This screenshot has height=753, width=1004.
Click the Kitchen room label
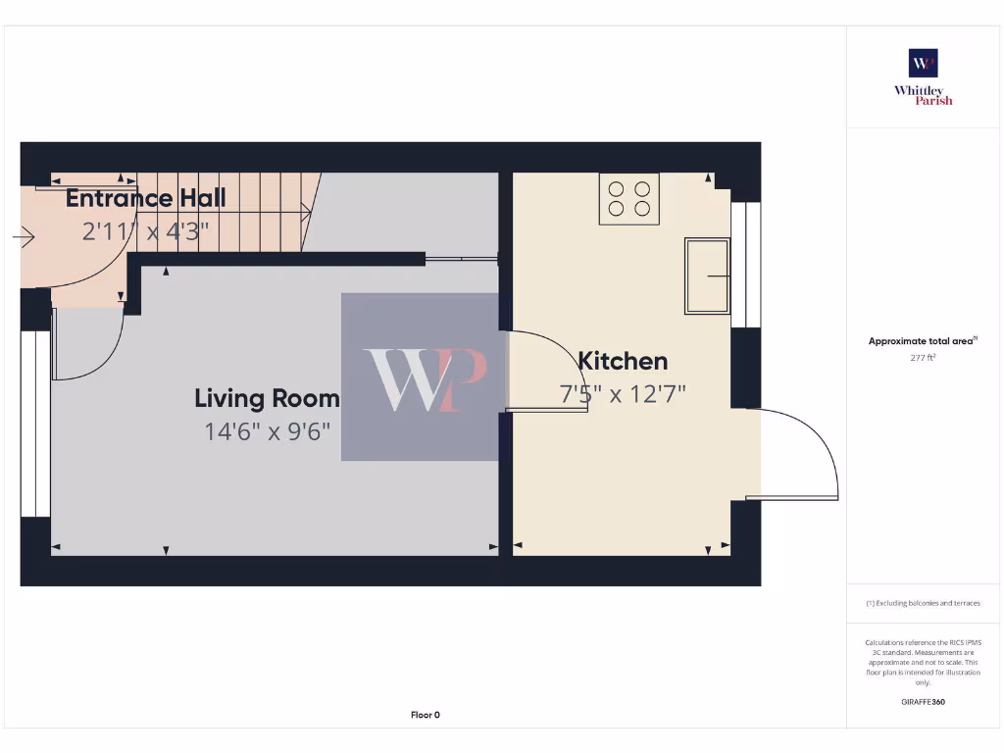coord(623,361)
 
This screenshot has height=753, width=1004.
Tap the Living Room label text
coord(267,398)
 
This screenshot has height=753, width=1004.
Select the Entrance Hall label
coord(146,198)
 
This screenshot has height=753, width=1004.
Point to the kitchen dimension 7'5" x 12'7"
coord(623,394)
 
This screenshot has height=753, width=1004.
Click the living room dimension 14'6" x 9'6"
coord(267,430)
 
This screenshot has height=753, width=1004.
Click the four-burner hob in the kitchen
coord(629,199)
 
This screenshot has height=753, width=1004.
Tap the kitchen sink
coord(708,276)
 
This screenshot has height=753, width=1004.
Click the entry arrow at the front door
coord(24,237)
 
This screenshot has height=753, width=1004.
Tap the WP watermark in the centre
coord(423,377)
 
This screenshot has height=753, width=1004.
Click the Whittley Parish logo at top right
coord(923,76)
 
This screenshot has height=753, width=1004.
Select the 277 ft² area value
coord(923,358)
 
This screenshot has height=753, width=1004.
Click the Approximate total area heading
coord(922,341)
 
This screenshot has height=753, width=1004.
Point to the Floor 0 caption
coord(425,715)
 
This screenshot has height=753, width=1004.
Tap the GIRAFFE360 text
coord(923,702)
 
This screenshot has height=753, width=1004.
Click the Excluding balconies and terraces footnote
coord(923,603)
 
